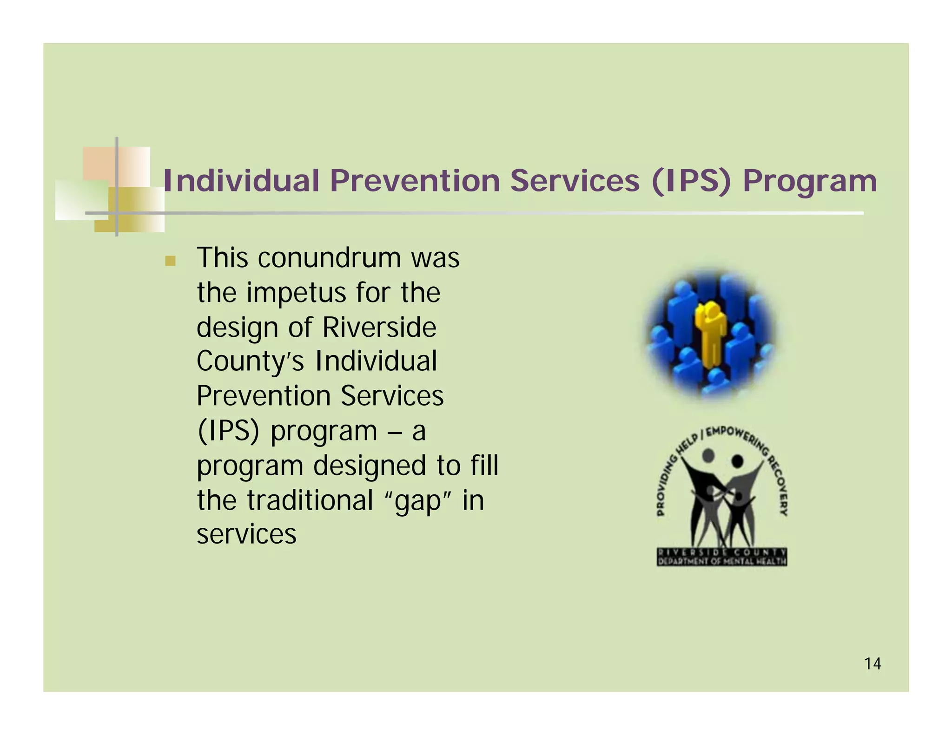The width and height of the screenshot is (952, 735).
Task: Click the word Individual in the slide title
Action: click(241, 180)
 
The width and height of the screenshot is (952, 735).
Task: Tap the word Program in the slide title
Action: click(809, 181)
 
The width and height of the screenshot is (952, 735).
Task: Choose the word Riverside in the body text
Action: click(379, 327)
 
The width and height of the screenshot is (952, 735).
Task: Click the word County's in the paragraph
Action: click(250, 361)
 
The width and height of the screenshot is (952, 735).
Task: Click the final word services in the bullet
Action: click(246, 534)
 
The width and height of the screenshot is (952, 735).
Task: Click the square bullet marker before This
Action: click(170, 261)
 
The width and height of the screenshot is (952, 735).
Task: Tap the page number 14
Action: click(872, 663)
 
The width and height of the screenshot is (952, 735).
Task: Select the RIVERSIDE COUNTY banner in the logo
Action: click(721, 552)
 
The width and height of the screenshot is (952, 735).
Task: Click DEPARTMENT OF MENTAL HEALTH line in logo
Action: click(721, 561)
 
